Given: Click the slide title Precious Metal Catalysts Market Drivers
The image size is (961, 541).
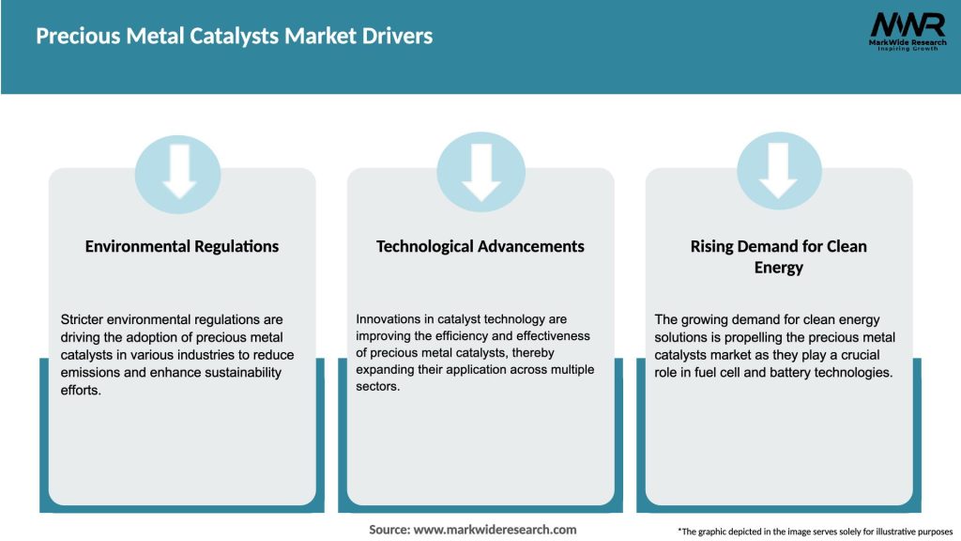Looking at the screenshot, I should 235,37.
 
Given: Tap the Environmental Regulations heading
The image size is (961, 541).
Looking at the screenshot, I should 182,246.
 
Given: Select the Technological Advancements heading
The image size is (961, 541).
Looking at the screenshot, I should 480,246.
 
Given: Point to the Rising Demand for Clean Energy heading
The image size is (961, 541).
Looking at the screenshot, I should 778,256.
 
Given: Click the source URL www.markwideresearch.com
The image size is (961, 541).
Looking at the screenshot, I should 496,530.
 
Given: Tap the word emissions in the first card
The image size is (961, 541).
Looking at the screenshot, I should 91,373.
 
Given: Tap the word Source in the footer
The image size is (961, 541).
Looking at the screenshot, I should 389,530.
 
